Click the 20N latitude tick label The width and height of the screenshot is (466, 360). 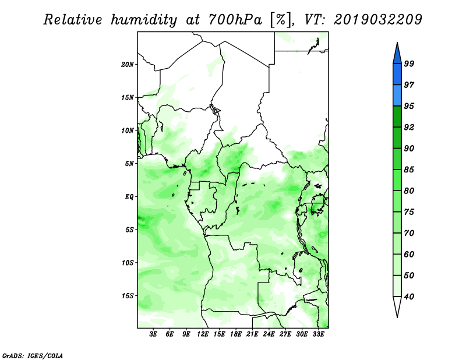coord(128,65)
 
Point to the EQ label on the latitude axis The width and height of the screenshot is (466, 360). coord(129,197)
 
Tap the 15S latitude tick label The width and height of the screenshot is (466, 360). coord(128,296)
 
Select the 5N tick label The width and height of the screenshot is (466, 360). coord(129,164)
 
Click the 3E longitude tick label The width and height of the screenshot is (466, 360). coord(153,334)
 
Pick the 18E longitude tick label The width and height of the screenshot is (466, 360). coord(236,334)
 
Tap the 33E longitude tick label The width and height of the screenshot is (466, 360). coord(318,334)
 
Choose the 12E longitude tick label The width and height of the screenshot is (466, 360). coord(203,334)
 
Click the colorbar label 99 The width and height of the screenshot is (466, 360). coord(409,63)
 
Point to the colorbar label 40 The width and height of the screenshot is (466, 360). coord(409,297)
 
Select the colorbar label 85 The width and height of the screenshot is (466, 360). coord(409,170)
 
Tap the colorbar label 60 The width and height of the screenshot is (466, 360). coord(409,255)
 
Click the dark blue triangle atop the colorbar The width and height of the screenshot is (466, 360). coord(397,55)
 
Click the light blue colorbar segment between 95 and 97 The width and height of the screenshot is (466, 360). coord(397,96)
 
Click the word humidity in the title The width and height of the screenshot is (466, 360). coord(144,20)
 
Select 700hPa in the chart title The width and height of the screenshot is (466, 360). coord(235,20)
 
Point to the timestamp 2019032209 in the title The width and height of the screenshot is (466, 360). coord(377,19)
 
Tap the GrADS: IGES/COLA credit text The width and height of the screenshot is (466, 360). coord(33,355)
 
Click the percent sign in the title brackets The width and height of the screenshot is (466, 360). coord(280,20)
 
